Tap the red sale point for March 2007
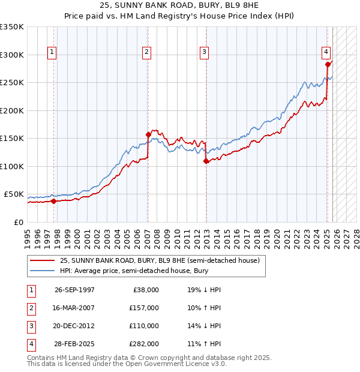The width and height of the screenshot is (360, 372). [148, 134]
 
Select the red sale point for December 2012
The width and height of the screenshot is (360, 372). [206, 161]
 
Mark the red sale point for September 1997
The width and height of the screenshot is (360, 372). [54, 201]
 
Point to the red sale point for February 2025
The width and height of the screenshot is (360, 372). [328, 64]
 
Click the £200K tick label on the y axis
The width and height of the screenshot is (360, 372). [12, 110]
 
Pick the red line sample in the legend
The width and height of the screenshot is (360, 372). [42, 260]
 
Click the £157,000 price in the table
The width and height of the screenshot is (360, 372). [144, 308]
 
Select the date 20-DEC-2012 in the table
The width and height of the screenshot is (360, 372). [74, 326]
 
